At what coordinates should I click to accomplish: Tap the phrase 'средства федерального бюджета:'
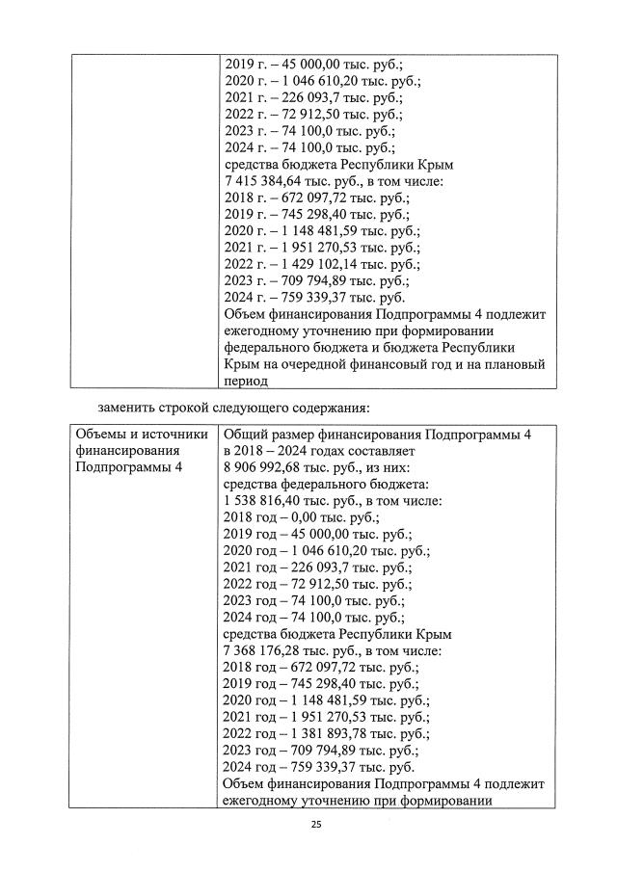pyautogui.click(x=326, y=484)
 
